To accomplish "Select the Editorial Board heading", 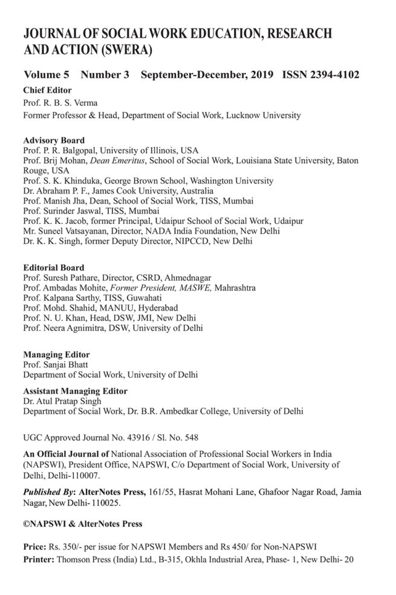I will point(53,268).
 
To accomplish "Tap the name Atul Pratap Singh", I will point(65,401).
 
